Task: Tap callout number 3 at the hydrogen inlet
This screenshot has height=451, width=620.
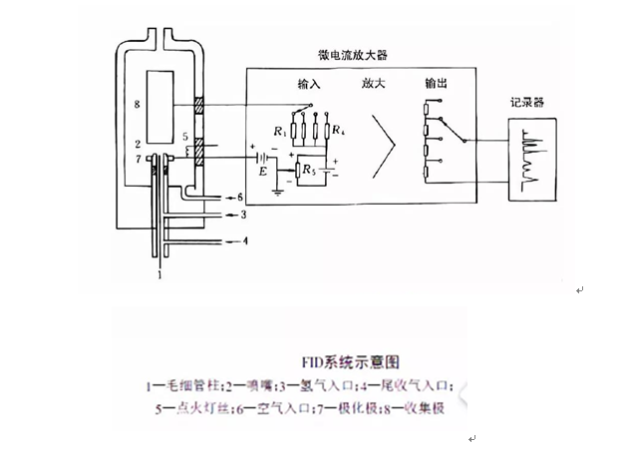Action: coord(242,215)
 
